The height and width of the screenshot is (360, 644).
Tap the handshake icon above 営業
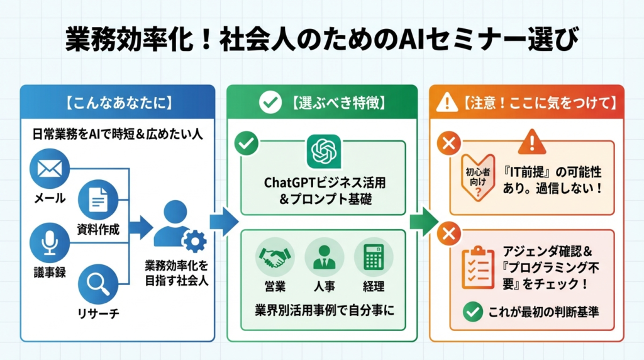[x=274, y=257]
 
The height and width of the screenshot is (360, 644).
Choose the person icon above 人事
[x=324, y=257]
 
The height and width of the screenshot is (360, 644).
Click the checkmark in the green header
[x=270, y=101]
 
